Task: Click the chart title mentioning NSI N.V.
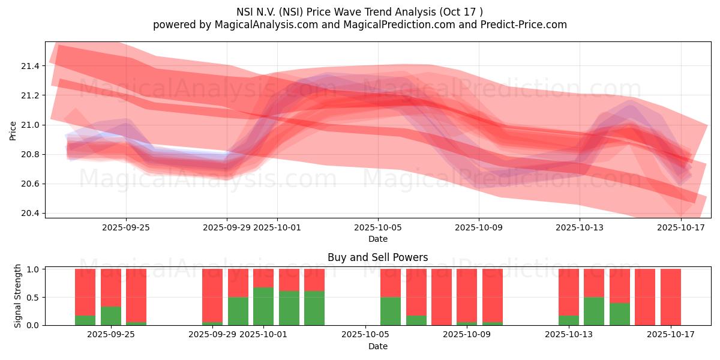coord(360,11)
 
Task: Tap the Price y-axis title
coord(13,130)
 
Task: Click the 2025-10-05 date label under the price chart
coord(378,227)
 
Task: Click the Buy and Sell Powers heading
coord(378,257)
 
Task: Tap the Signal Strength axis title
coord(18,296)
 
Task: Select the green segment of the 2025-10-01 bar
coord(263,306)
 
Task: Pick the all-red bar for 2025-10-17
coord(670,297)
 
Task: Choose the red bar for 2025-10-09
coord(467,295)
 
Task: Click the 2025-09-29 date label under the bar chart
coord(212,335)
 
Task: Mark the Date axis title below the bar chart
coord(378,346)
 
